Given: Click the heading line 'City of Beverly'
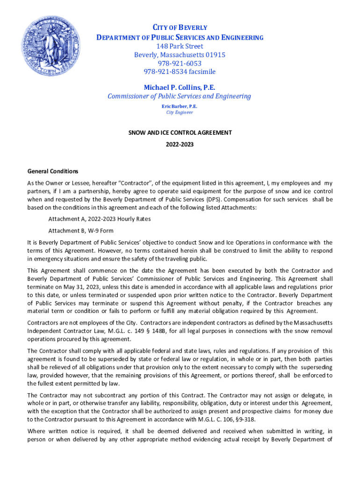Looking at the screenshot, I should [x=180, y=28].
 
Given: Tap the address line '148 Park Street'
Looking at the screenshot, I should [x=180, y=46].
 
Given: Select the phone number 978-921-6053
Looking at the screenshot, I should [x=180, y=63].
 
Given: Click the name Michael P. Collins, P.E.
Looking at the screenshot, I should [x=180, y=87].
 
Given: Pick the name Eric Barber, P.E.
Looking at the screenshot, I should [x=180, y=106].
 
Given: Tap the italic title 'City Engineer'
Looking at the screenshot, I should [x=180, y=112].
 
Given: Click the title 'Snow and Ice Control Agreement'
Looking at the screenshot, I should [x=180, y=132].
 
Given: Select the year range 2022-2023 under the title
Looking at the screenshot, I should [x=180, y=145].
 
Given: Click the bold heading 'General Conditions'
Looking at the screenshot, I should [x=53, y=171].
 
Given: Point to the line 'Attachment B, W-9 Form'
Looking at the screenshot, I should [x=80, y=231].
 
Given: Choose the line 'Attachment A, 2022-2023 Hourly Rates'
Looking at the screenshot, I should [x=99, y=219].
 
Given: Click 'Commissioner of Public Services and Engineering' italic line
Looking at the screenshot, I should [x=180, y=96].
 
